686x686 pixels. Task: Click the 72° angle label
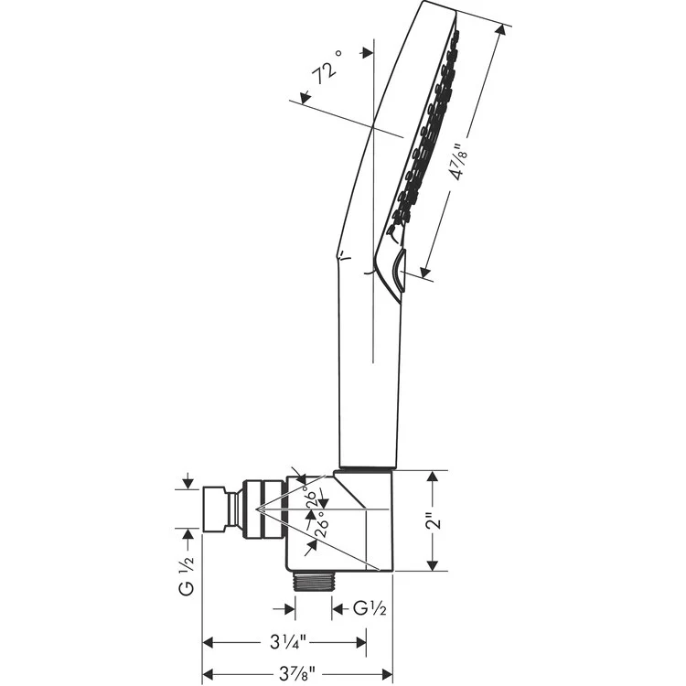(x=327, y=70)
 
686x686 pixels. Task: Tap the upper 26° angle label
(x=312, y=500)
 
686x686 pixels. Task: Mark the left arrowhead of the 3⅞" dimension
(x=207, y=674)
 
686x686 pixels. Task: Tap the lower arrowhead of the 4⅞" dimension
(x=423, y=272)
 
